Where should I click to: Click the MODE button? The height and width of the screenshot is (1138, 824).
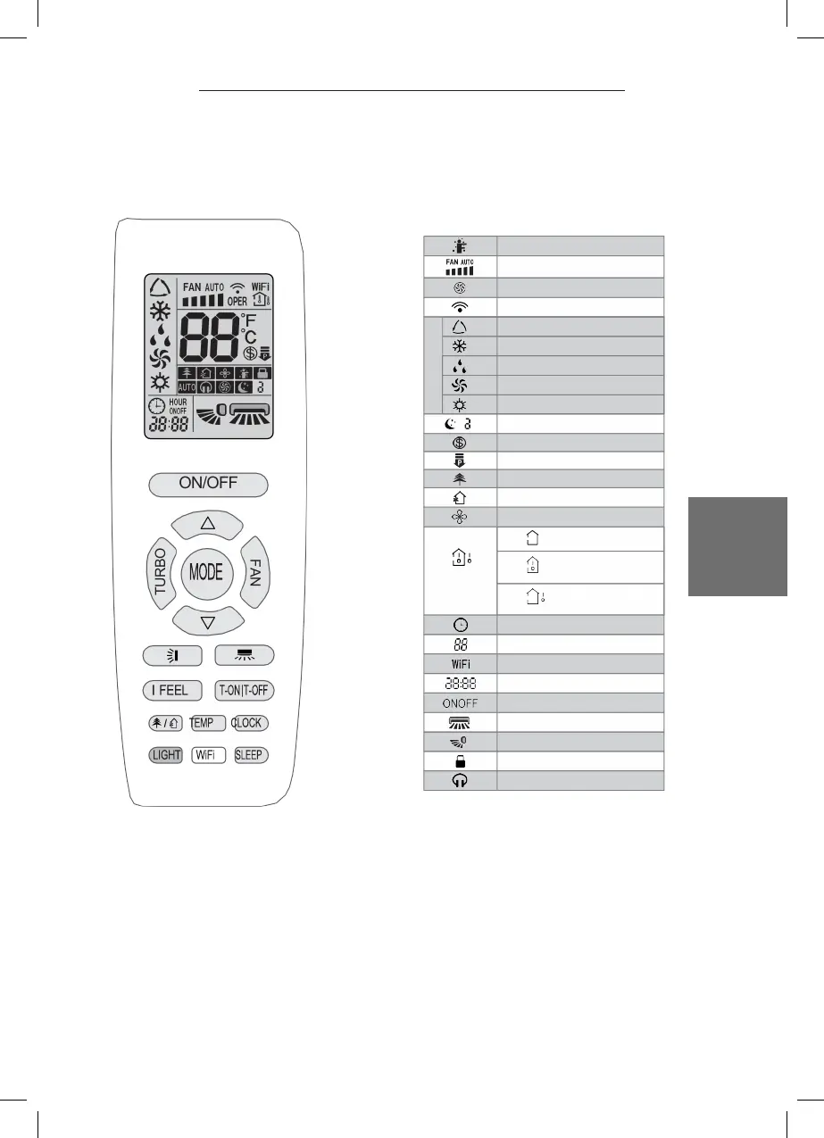206,572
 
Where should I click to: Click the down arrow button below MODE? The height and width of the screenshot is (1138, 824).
206,620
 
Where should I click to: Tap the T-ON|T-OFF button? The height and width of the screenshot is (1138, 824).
245,690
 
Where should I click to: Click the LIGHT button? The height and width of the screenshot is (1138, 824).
167,755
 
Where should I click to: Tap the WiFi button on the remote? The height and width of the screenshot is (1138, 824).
206,755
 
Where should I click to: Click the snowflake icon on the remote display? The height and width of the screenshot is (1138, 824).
160,316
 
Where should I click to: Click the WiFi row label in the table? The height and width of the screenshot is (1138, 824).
460,663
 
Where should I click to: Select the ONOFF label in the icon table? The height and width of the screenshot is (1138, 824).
460,702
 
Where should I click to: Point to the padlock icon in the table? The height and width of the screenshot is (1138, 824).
460,760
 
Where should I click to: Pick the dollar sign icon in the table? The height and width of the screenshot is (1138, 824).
460,443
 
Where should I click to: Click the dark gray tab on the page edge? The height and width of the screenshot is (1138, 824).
737,546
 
